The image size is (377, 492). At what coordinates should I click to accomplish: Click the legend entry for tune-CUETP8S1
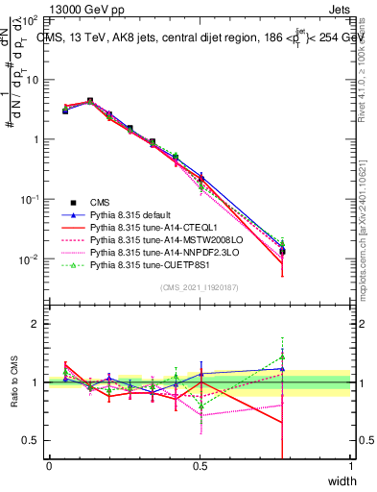(x=149, y=266)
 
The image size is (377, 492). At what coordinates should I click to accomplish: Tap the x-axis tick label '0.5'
(x=200, y=465)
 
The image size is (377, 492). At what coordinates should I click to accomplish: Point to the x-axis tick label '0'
(x=49, y=465)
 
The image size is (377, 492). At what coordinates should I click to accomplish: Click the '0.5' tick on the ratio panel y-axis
(x=32, y=440)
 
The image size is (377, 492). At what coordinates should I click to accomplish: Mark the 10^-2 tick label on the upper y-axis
(x=29, y=259)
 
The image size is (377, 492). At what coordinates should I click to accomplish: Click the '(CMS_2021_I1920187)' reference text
(x=200, y=286)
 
